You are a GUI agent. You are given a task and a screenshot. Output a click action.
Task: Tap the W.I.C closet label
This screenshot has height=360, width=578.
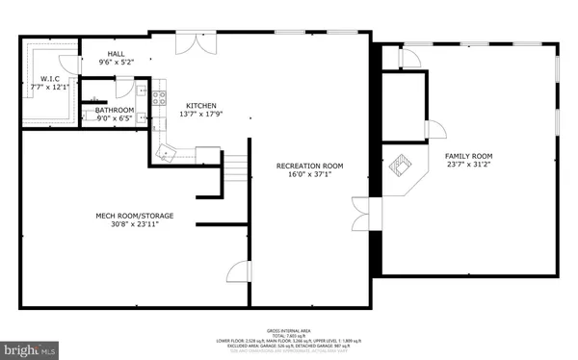point(50,79)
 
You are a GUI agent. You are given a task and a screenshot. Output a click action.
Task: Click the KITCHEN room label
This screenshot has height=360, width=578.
point(174,106)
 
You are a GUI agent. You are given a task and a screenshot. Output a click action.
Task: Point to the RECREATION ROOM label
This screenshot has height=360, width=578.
point(309,166)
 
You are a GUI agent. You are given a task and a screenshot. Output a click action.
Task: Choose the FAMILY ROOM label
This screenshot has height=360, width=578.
point(468,156)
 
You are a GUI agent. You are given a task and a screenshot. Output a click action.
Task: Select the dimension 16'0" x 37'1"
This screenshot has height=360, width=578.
point(309,175)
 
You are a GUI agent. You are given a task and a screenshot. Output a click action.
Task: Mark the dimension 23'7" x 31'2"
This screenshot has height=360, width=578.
point(468,166)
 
